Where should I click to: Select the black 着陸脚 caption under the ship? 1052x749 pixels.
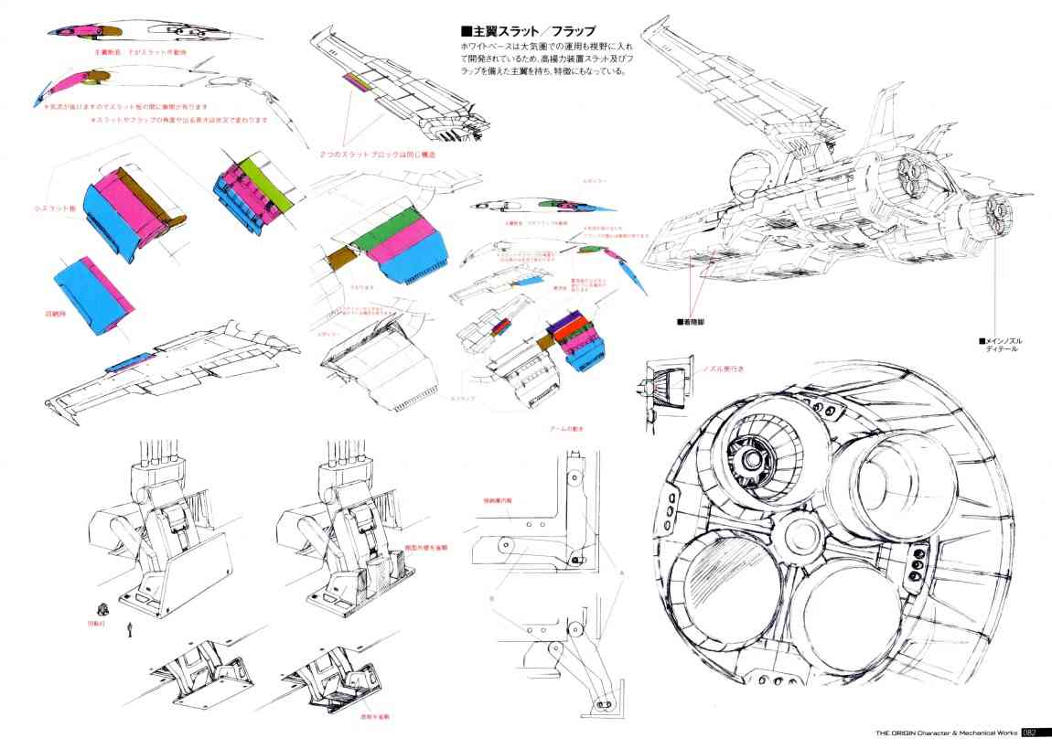[x=693, y=321]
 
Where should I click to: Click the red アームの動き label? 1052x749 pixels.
[x=566, y=428]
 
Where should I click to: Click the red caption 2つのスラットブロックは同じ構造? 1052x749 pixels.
[x=377, y=155]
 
